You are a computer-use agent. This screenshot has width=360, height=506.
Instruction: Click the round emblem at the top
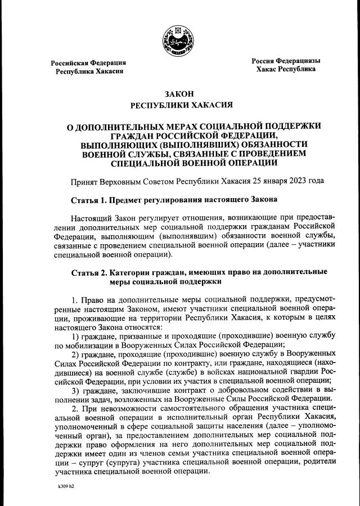[x=179, y=40]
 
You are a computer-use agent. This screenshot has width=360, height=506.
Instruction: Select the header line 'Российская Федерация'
[x=88, y=62]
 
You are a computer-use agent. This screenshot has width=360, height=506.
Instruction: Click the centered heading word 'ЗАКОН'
[x=179, y=93]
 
